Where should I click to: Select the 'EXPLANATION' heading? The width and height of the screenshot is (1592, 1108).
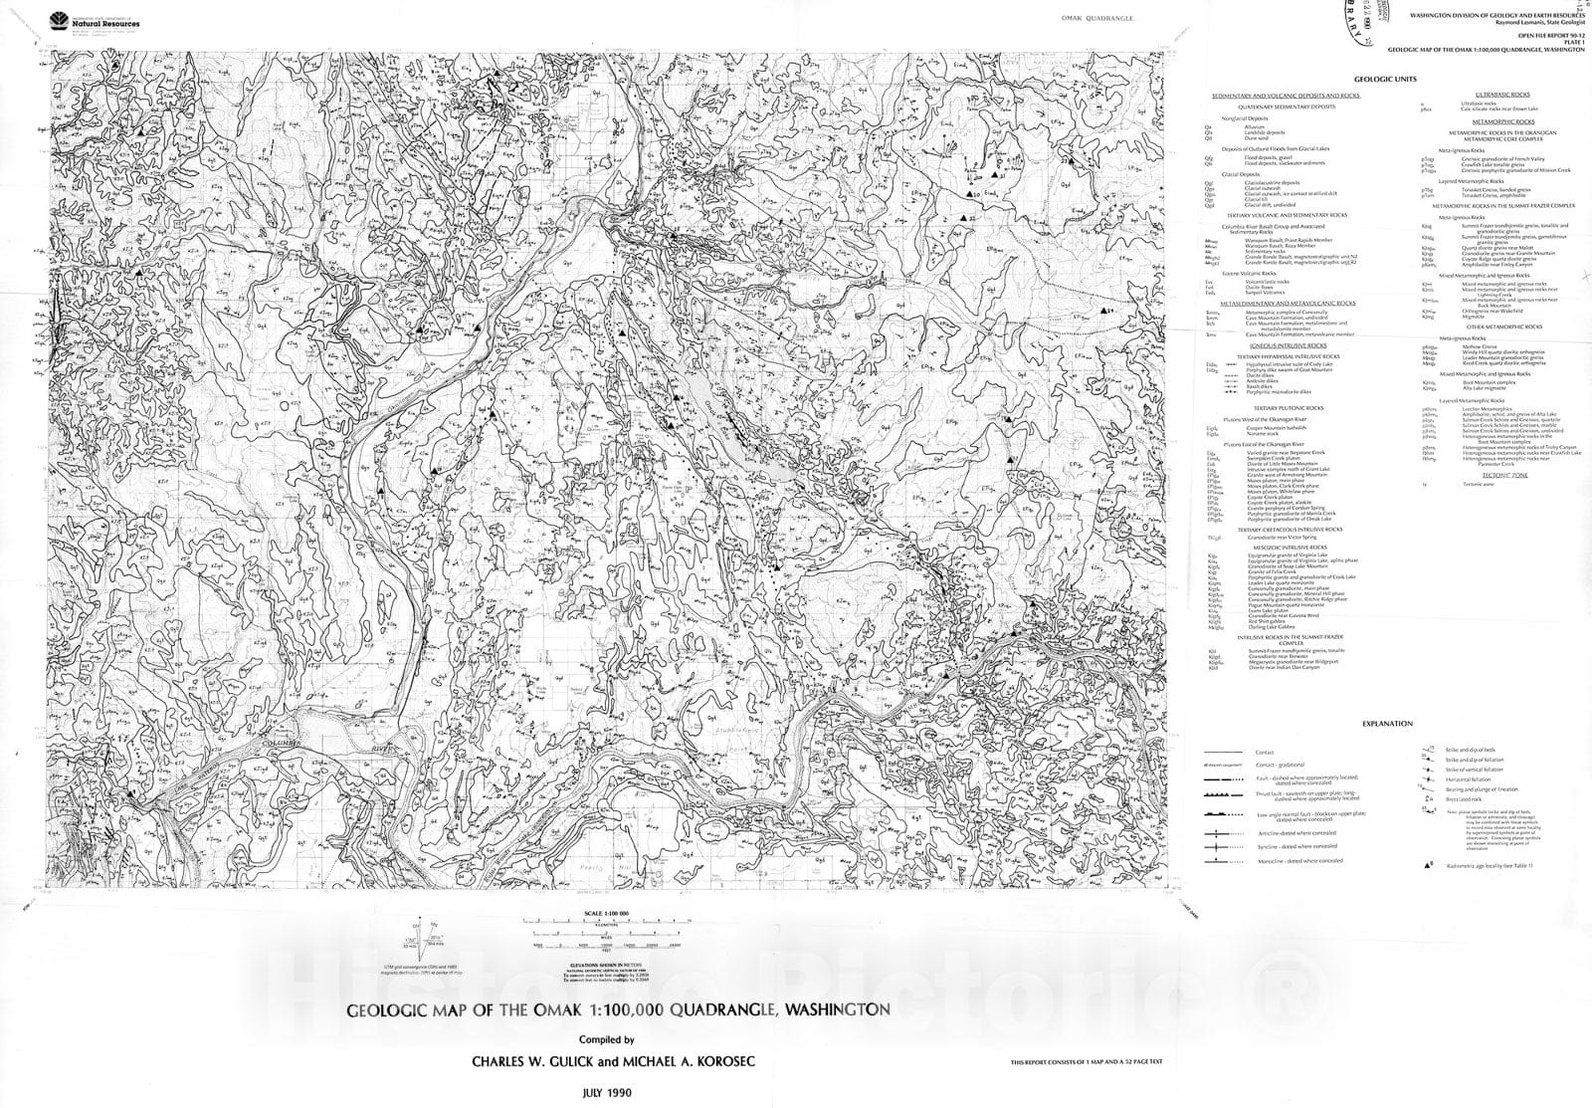coord(1386,724)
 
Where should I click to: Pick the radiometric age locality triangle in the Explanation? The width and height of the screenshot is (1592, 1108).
coord(1428,866)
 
